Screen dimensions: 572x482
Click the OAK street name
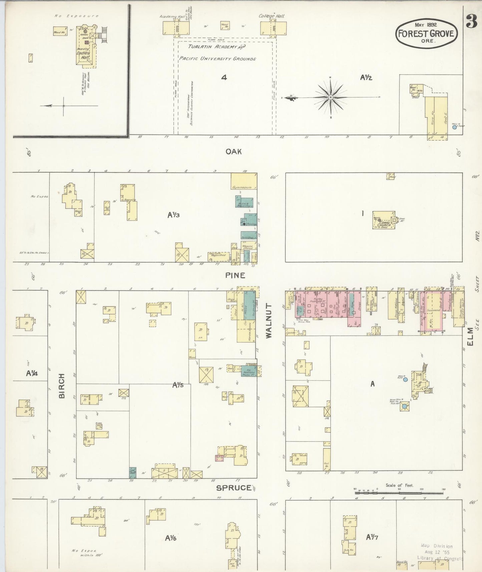coord(233,152)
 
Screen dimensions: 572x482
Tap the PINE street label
coord(235,275)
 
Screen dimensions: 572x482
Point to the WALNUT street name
coord(269,321)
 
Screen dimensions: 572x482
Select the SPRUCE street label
coord(233,488)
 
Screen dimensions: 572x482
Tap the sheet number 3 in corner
coord(471,24)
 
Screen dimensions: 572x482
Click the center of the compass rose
coord(330,97)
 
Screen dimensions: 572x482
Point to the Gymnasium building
coord(244,182)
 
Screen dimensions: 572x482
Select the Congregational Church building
coord(384,221)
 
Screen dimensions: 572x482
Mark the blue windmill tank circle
coord(404,406)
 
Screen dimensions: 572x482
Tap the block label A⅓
coord(173,215)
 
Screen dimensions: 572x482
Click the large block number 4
coord(224,77)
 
